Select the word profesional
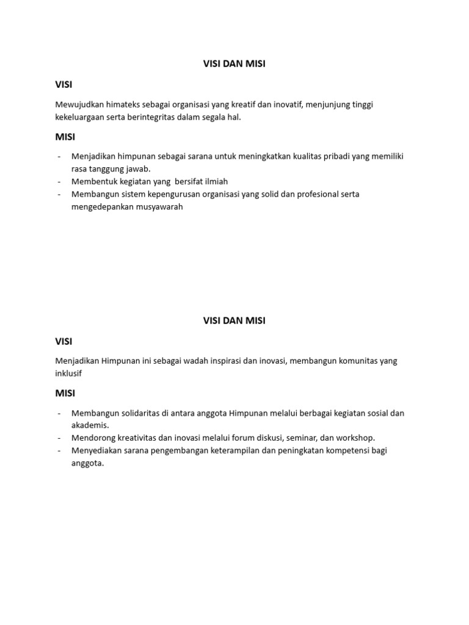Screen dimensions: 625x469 (311, 194)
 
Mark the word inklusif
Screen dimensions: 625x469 (68, 373)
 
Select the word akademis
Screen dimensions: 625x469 (90, 425)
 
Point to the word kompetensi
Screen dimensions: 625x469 (346, 450)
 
